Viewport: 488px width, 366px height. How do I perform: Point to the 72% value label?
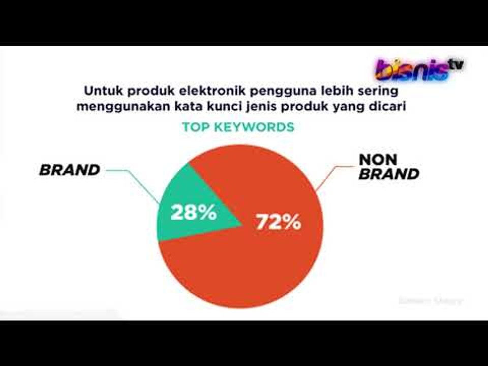point(278,223)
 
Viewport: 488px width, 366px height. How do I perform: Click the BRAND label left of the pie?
point(70,170)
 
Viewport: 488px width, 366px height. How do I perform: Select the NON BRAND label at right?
point(388,167)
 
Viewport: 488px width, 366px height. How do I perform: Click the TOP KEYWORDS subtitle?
point(238,127)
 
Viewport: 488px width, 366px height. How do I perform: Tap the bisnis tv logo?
point(419,69)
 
